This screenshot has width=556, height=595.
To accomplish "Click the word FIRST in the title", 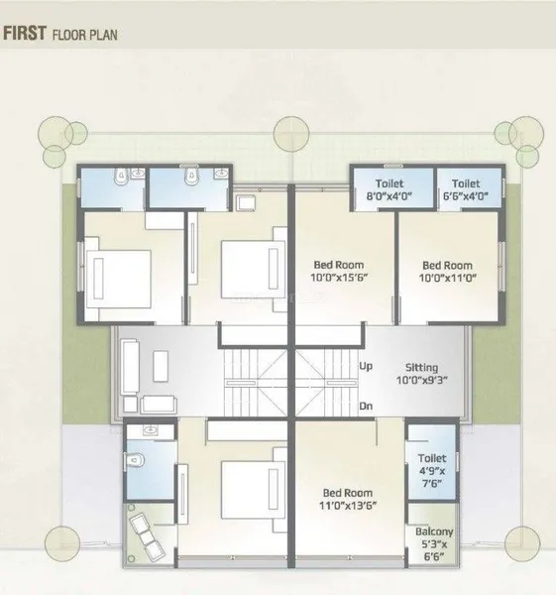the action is click(x=25, y=33).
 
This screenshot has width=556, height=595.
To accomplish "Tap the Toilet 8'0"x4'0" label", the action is click(x=389, y=189).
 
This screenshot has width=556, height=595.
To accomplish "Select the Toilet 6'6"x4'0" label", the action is click(x=466, y=189).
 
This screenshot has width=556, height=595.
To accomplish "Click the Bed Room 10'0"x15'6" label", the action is click(x=339, y=271).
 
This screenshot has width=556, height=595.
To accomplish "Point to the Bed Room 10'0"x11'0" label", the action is click(x=448, y=272).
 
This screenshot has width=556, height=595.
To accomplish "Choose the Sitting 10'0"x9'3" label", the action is click(x=422, y=374).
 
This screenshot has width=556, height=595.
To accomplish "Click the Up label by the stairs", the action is click(x=366, y=367).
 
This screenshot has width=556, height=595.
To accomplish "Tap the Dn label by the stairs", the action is click(x=366, y=406).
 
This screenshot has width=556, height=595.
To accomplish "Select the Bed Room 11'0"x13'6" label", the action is click(x=348, y=499).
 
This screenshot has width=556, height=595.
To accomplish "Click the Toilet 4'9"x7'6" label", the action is click(x=432, y=470).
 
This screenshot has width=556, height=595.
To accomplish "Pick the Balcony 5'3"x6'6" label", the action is click(x=434, y=544).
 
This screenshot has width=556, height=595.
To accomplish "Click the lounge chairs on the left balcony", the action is click(x=147, y=536).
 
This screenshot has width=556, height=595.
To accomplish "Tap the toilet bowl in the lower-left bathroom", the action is click(x=136, y=460).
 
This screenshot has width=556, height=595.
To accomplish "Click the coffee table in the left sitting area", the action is click(x=161, y=366).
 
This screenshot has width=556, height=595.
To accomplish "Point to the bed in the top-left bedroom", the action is click(x=118, y=278).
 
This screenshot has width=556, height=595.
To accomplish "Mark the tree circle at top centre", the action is click(x=291, y=134).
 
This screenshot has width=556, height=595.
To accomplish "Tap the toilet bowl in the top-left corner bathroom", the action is click(x=121, y=177).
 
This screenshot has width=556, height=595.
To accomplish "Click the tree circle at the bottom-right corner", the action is click(x=522, y=543).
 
